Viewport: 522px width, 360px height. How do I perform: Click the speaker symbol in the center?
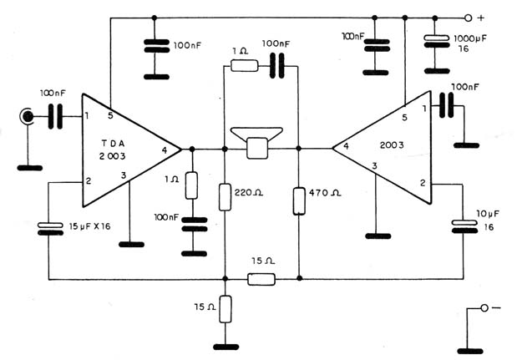[257, 143]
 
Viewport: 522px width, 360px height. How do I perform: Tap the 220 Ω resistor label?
[249, 193]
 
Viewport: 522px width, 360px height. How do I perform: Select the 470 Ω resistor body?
[299, 201]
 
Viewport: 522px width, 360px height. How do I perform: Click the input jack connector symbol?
[27, 116]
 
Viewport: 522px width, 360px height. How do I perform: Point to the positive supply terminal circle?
[468, 18]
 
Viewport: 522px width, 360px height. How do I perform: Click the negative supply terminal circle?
[484, 308]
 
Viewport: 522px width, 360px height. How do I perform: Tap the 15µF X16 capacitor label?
[89, 226]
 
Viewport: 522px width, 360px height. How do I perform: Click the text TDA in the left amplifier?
[113, 144]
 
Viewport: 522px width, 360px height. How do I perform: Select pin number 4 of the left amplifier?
[165, 150]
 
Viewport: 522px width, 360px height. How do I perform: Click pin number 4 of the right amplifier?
[347, 146]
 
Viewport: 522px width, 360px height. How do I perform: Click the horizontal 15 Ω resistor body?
[261, 279]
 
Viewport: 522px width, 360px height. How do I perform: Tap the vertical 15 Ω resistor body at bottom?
[226, 309]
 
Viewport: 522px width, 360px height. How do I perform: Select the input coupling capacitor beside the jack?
[55, 116]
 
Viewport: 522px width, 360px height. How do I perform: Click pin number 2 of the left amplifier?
[89, 180]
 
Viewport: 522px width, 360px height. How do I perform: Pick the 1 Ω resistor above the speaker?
[245, 66]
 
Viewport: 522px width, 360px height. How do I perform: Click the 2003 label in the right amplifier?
[392, 145]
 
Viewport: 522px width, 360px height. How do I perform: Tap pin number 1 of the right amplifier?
[424, 109]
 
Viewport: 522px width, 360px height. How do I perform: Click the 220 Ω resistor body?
[225, 197]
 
